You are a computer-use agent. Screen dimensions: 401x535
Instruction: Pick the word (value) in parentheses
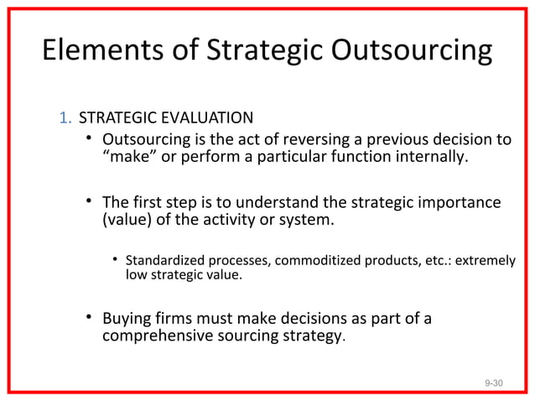click(x=127, y=221)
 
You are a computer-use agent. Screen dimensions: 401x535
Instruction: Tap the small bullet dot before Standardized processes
click(x=116, y=260)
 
